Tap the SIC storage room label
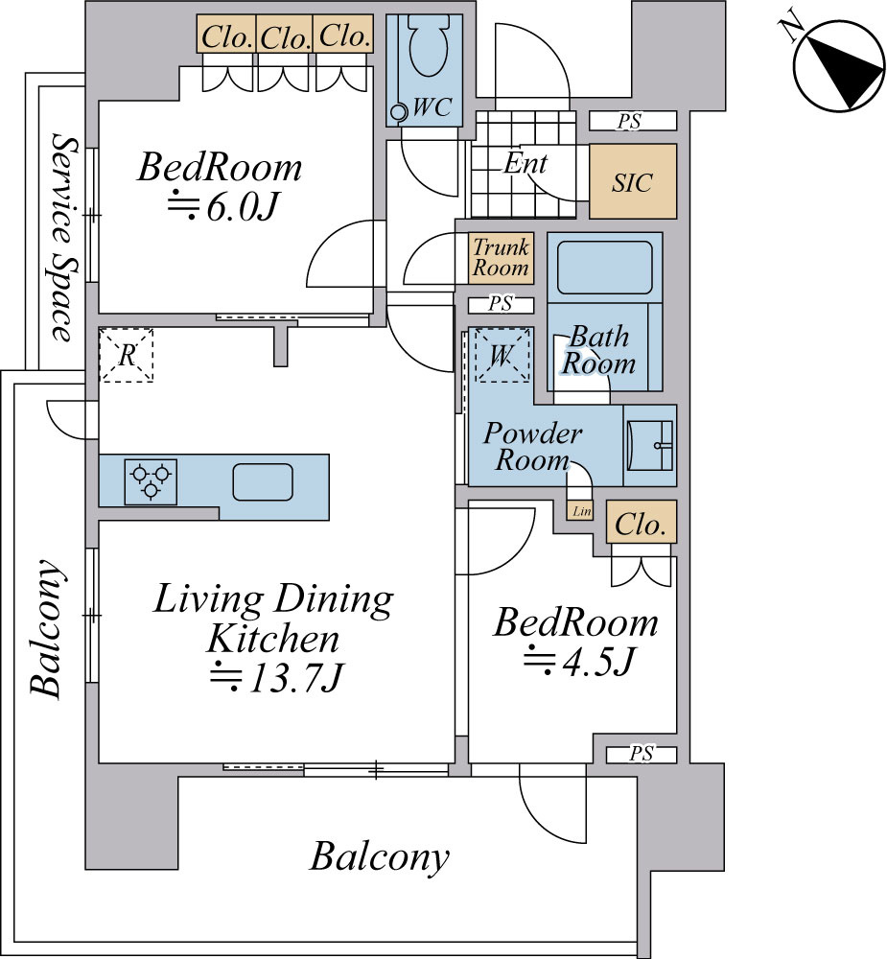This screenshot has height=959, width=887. point(633,182)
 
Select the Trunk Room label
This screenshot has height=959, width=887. point(501,257)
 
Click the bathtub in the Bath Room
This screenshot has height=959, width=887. point(605,268)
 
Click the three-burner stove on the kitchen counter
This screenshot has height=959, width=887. point(151,482)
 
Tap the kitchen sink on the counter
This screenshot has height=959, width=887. point(263,482)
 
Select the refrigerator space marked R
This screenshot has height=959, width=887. point(126,356)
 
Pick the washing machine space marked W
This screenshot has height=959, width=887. point(502,356)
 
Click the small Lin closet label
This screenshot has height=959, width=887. point(582,511)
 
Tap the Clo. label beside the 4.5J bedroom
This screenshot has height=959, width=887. point(641,525)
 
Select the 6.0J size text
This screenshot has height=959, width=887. point(223,207)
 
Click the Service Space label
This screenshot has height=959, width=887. point(65,237)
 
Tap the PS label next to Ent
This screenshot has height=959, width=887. point(629,121)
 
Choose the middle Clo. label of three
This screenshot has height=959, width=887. point(285,38)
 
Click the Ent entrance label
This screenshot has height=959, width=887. point(525,163)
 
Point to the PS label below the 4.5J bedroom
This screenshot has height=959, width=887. point(642,754)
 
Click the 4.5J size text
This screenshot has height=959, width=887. point(578,661)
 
